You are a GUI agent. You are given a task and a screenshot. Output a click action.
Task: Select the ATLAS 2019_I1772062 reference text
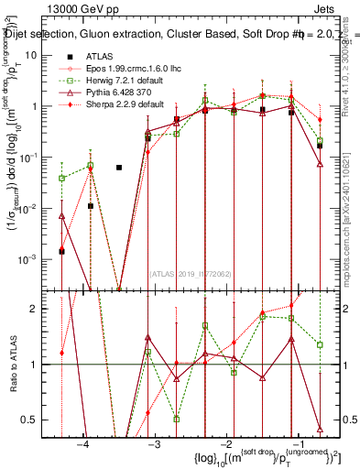[x=191, y=273]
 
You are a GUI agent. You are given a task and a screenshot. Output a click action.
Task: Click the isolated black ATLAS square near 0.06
[x=119, y=168]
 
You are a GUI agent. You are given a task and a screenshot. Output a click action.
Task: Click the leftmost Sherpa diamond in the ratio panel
[x=61, y=352]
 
